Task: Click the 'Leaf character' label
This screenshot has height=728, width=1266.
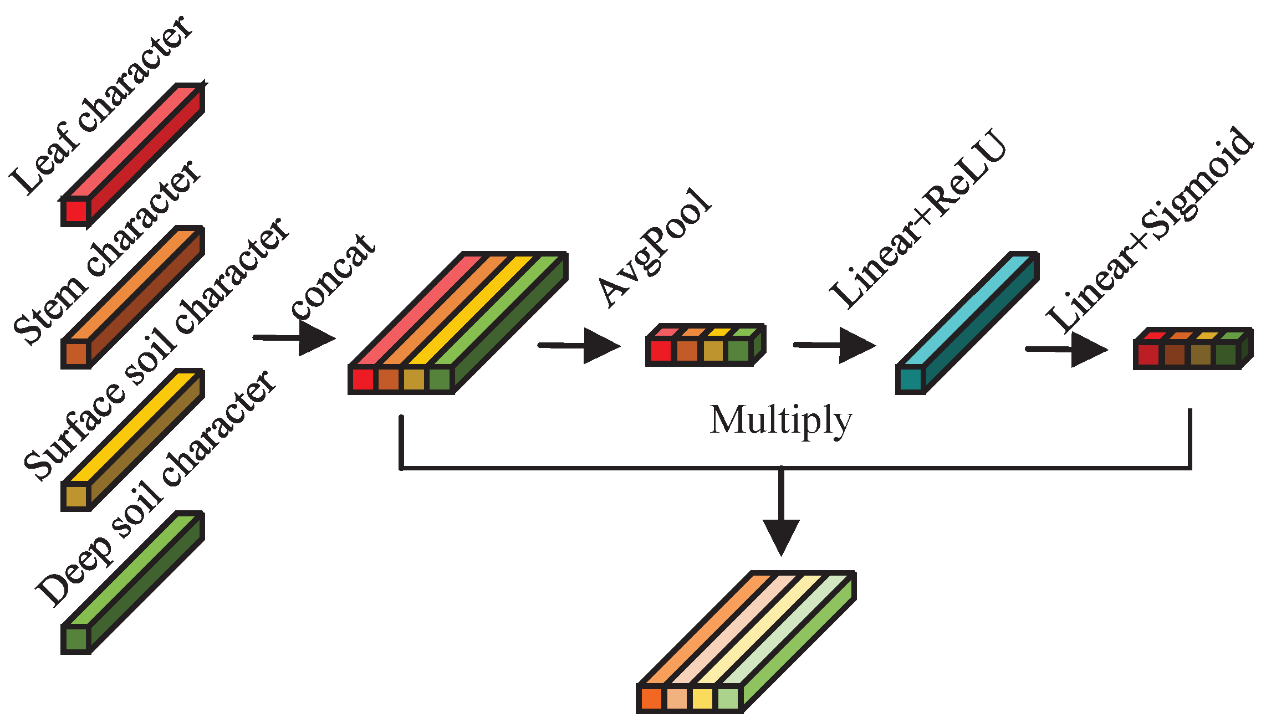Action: (100, 105)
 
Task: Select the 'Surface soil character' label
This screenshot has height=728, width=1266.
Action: (155, 349)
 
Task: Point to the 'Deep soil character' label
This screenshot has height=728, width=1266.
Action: (155, 488)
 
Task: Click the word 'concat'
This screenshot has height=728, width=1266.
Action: (333, 277)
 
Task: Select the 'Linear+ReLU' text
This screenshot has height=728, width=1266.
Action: (917, 219)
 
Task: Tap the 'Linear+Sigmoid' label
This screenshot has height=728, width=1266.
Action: (1150, 230)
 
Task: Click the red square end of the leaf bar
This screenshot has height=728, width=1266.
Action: (76, 211)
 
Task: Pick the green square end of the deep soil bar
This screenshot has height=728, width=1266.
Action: (76, 639)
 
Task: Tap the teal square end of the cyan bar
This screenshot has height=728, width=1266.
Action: (911, 380)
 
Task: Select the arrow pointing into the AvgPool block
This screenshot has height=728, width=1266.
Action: (580, 346)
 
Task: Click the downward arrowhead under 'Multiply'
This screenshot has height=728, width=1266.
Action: (781, 535)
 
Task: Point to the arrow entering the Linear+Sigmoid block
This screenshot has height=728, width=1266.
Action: (1066, 350)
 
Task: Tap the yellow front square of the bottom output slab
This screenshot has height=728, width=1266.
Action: (702, 698)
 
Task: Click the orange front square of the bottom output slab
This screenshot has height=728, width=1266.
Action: (651, 698)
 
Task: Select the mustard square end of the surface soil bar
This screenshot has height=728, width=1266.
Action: (76, 496)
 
